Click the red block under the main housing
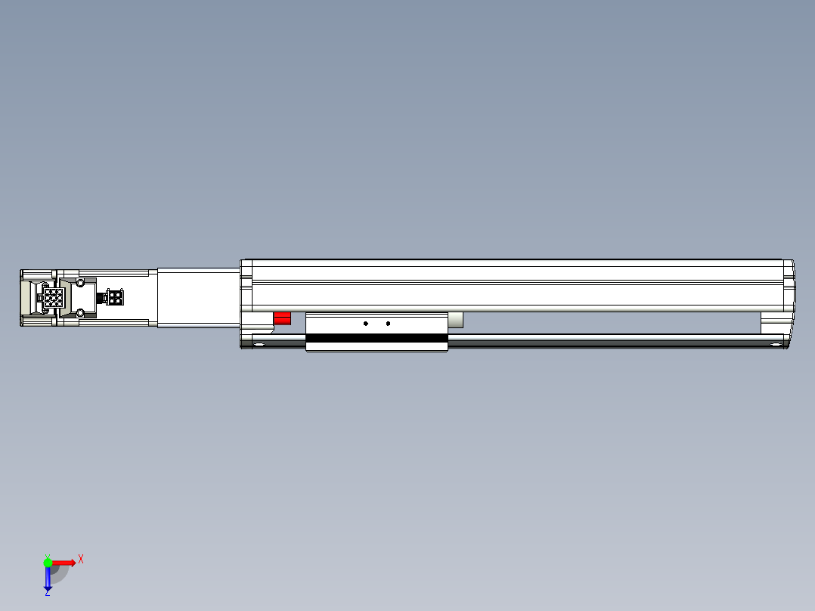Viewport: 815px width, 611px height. click(282, 318)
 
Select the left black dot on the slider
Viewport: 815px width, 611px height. click(366, 324)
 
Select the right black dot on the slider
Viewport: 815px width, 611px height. click(388, 324)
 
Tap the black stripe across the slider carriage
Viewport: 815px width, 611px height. click(377, 338)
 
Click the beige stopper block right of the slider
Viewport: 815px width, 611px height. click(455, 320)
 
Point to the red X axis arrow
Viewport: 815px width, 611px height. click(64, 562)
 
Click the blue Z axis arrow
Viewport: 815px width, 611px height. click(48, 578)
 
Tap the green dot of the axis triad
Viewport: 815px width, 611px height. click(48, 562)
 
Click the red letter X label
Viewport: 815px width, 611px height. click(81, 559)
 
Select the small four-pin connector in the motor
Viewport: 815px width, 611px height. click(115, 298)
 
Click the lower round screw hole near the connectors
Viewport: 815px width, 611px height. click(80, 312)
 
